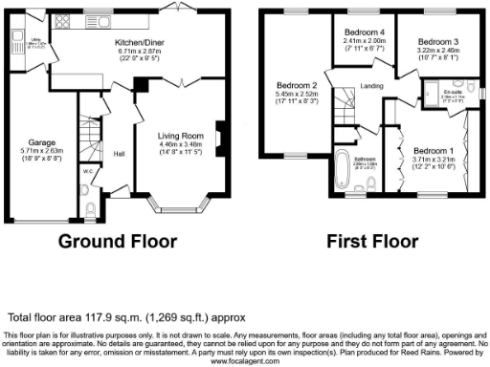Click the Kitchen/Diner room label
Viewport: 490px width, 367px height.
[x=140, y=43]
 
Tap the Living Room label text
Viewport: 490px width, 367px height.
[x=182, y=137]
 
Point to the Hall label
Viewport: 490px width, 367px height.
[x=120, y=153]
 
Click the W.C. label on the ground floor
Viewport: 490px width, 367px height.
[x=89, y=173]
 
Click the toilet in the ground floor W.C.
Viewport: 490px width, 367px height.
[x=88, y=209]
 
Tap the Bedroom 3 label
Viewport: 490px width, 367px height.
[x=435, y=42]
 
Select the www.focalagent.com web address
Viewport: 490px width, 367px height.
[x=245, y=361]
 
